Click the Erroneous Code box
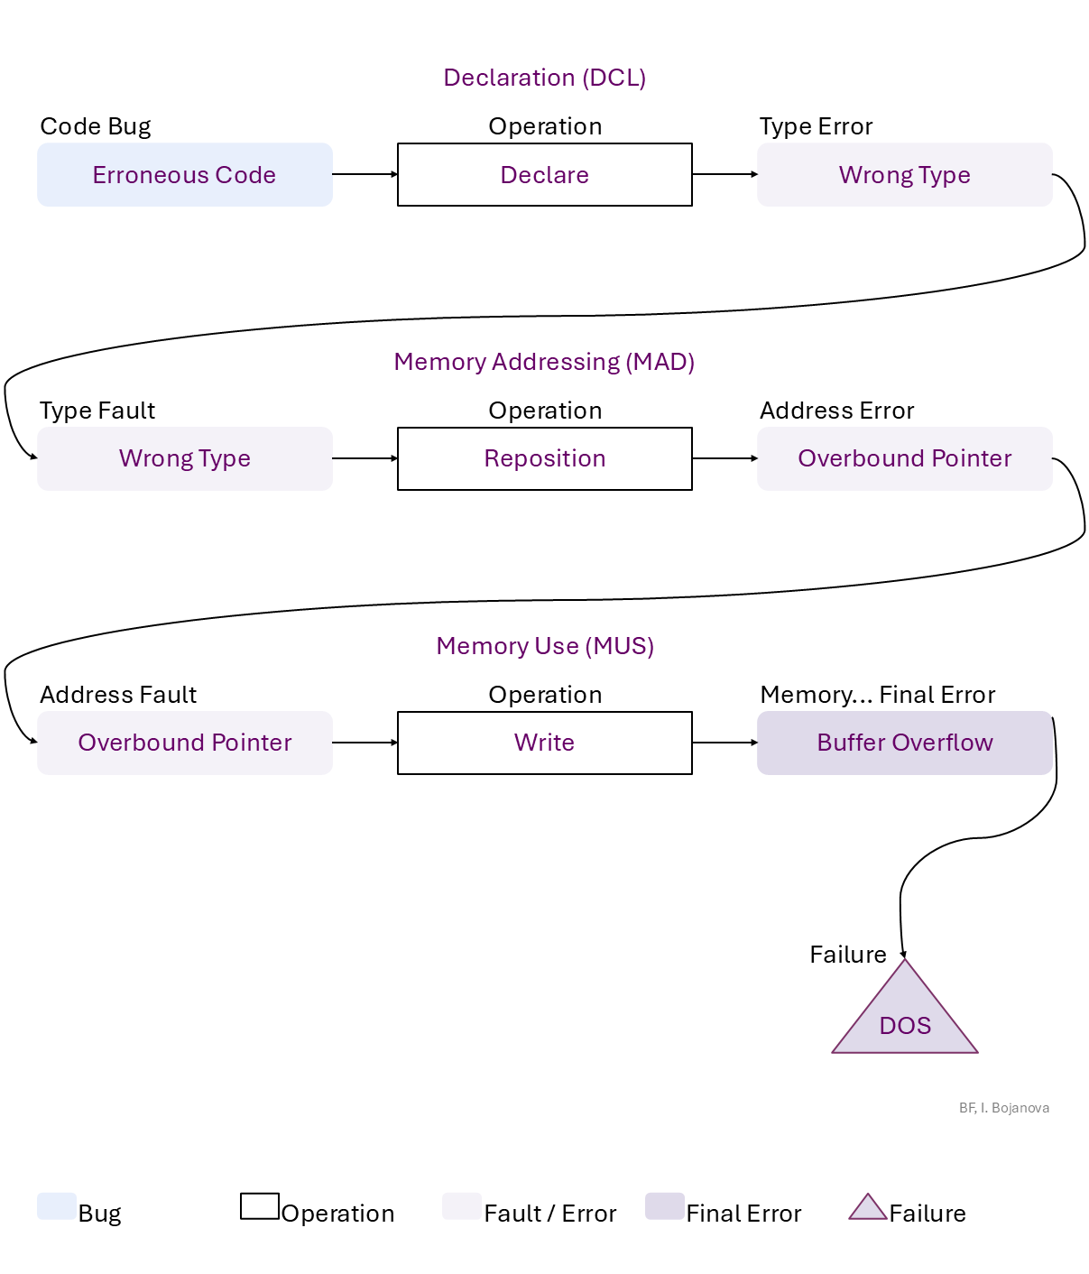[x=185, y=175]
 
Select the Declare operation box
[x=545, y=175]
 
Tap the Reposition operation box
[x=545, y=458]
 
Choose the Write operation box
[x=545, y=743]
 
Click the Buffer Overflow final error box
[x=904, y=743]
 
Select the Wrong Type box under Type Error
[x=904, y=175]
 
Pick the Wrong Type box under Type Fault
[x=185, y=458]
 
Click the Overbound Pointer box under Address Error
[x=904, y=458]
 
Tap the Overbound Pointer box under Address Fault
[x=185, y=743]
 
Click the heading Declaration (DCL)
[x=545, y=78]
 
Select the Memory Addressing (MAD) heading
[x=545, y=362]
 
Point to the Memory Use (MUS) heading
[x=545, y=646]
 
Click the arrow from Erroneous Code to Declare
[x=365, y=174]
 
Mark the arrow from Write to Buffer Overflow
[x=724, y=743]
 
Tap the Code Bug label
[x=96, y=126]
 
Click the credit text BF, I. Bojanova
[x=1004, y=1108]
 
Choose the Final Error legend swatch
[x=665, y=1206]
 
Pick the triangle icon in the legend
[x=868, y=1208]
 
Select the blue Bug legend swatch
[x=57, y=1206]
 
